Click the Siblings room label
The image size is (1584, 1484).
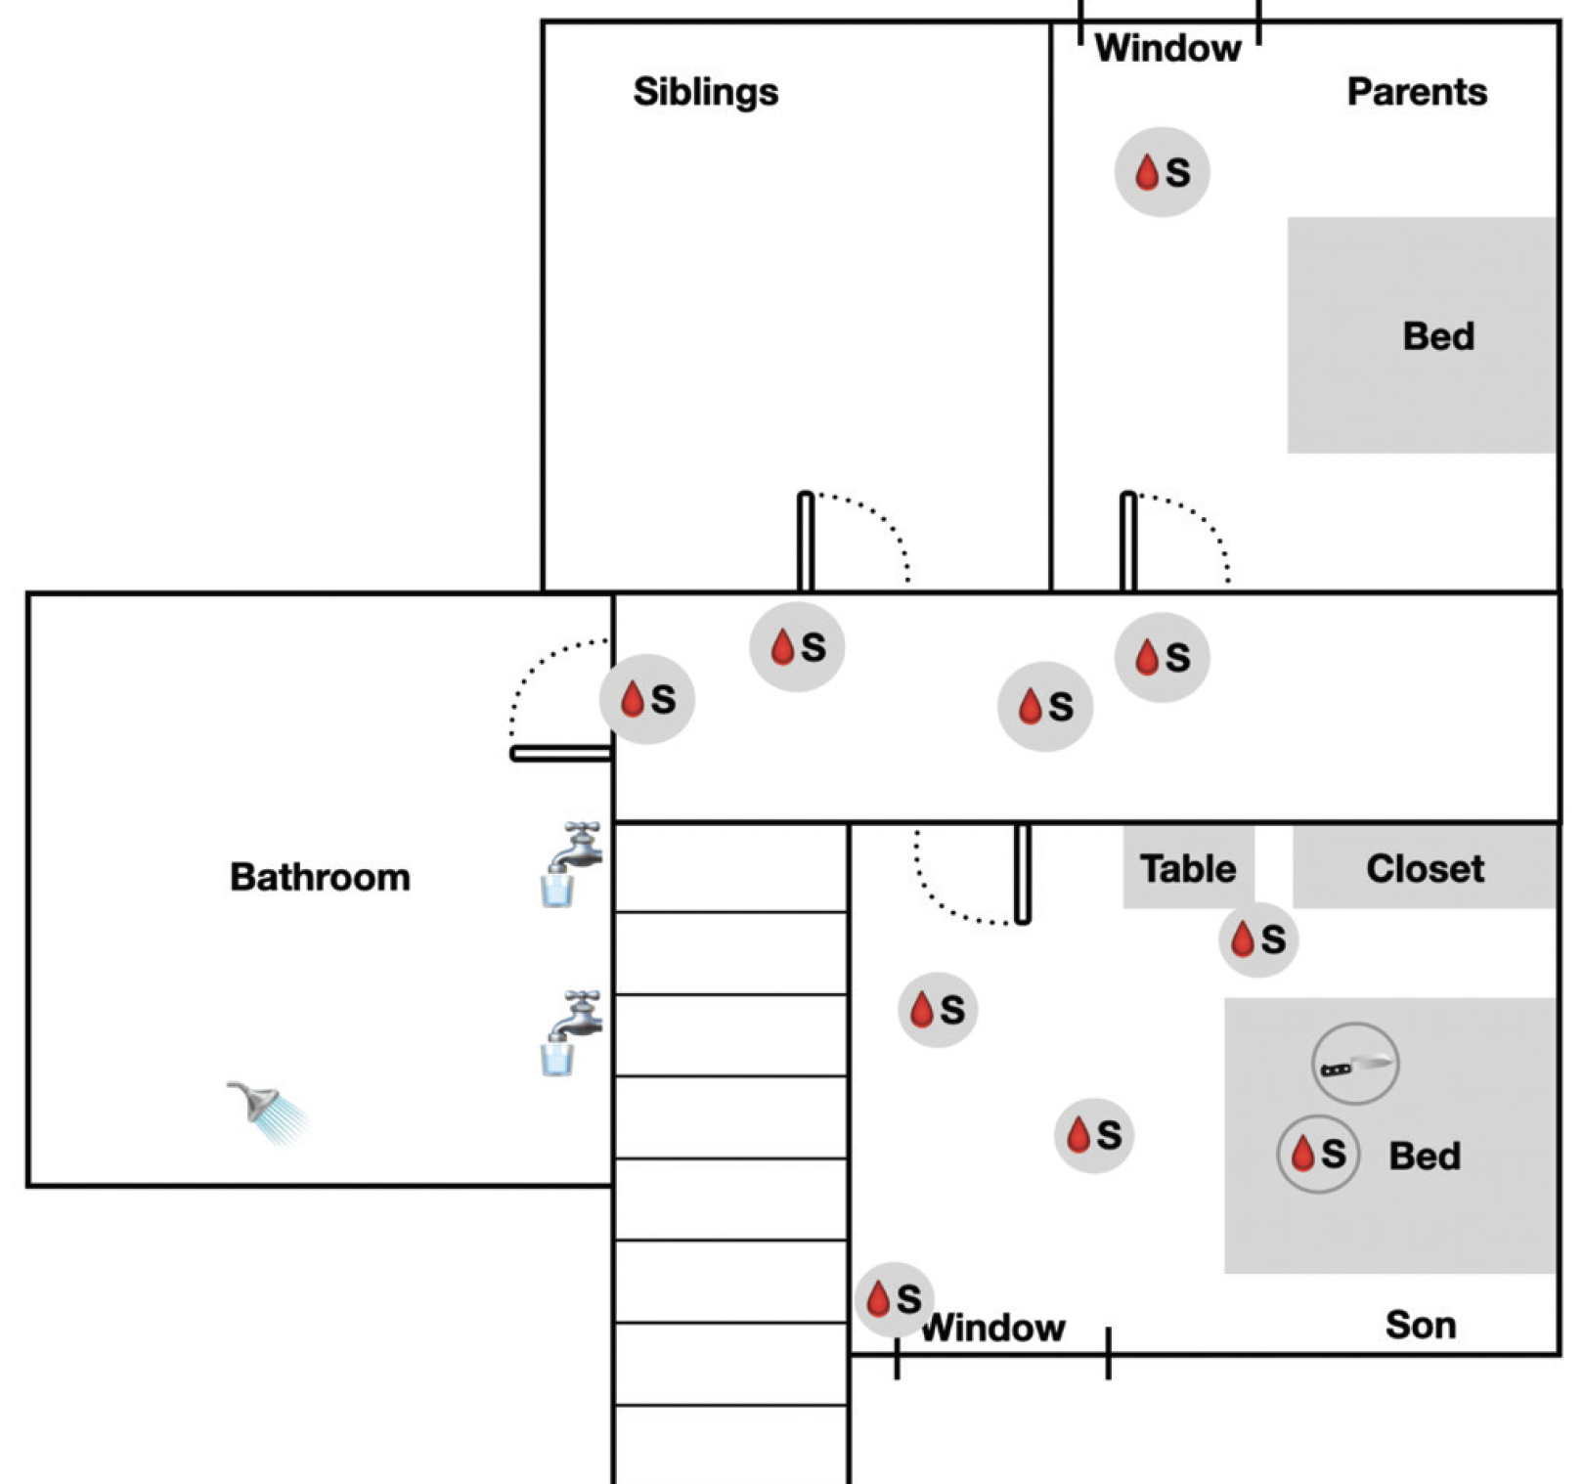click(x=705, y=92)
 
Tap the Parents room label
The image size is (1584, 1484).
click(x=1416, y=92)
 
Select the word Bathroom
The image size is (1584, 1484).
click(x=320, y=877)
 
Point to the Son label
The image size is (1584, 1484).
click(x=1420, y=1326)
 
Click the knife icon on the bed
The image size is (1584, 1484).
click(x=1354, y=1065)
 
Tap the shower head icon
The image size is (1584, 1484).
click(x=264, y=1110)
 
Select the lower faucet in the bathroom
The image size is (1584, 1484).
click(x=574, y=1031)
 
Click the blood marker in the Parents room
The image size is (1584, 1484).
click(x=1162, y=172)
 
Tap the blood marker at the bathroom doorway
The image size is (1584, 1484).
click(x=647, y=699)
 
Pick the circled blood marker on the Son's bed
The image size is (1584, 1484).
click(x=1318, y=1155)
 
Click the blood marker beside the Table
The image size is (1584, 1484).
click(x=1258, y=939)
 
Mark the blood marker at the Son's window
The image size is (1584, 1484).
click(x=894, y=1299)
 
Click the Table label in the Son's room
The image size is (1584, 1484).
click(x=1188, y=868)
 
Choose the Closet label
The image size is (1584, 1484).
click(x=1425, y=868)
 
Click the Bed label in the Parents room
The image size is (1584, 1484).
click(x=1437, y=336)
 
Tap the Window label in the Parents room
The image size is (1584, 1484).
click(x=1167, y=48)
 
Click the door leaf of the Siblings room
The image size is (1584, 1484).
click(x=806, y=541)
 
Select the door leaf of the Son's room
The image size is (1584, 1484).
click(x=1023, y=873)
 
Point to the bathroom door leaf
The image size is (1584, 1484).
click(x=561, y=754)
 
